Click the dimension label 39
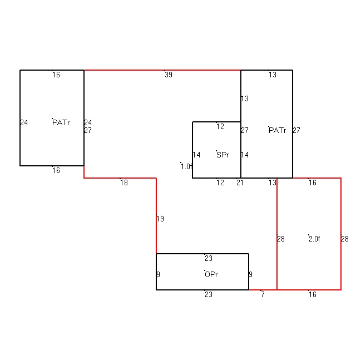coord(169,75)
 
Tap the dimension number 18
coord(124,183)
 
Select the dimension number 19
coord(160,219)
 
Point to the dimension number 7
coord(263,294)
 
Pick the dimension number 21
coord(240,183)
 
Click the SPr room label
coord(222,155)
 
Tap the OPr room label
coord(211,274)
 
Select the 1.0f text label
coord(187,166)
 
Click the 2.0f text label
coord(314,239)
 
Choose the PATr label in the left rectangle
coord(61,122)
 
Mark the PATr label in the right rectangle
coord(278,130)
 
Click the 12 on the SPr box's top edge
coord(220,126)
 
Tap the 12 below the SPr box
coord(220,183)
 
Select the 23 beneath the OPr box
coord(209,294)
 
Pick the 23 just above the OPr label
coord(209,258)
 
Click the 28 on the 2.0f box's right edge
coord(345,239)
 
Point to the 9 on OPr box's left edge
coord(159,274)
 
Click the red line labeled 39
coord(162,70)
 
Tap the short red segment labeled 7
coord(263,290)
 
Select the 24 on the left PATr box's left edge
coord(24,122)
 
